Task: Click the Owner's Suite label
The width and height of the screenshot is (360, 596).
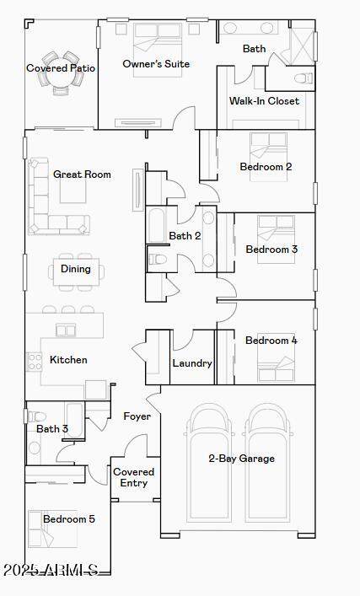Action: pyautogui.click(x=156, y=64)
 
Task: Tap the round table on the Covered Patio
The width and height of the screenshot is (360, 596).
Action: pyautogui.click(x=61, y=74)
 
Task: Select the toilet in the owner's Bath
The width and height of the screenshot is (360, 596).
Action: pyautogui.click(x=304, y=78)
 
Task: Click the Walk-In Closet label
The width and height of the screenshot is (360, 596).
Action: pyautogui.click(x=264, y=100)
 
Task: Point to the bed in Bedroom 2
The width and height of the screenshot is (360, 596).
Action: pyautogui.click(x=268, y=156)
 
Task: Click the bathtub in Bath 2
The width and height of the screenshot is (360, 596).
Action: pyautogui.click(x=156, y=224)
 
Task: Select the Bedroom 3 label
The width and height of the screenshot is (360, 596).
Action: pyautogui.click(x=271, y=250)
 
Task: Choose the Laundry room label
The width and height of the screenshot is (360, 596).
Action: pyautogui.click(x=192, y=363)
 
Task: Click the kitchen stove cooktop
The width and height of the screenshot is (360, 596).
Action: pyautogui.click(x=34, y=362)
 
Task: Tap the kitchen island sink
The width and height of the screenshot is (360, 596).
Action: pyautogui.click(x=66, y=330)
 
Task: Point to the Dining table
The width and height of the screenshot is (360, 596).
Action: pyautogui.click(x=76, y=272)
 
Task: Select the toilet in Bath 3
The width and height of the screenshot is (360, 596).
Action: pyautogui.click(x=36, y=416)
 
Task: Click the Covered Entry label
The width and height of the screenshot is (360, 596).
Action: pyautogui.click(x=133, y=477)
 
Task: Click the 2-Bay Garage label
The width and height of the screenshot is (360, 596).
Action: pyautogui.click(x=242, y=459)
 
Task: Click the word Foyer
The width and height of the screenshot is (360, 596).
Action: pyautogui.click(x=137, y=416)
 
